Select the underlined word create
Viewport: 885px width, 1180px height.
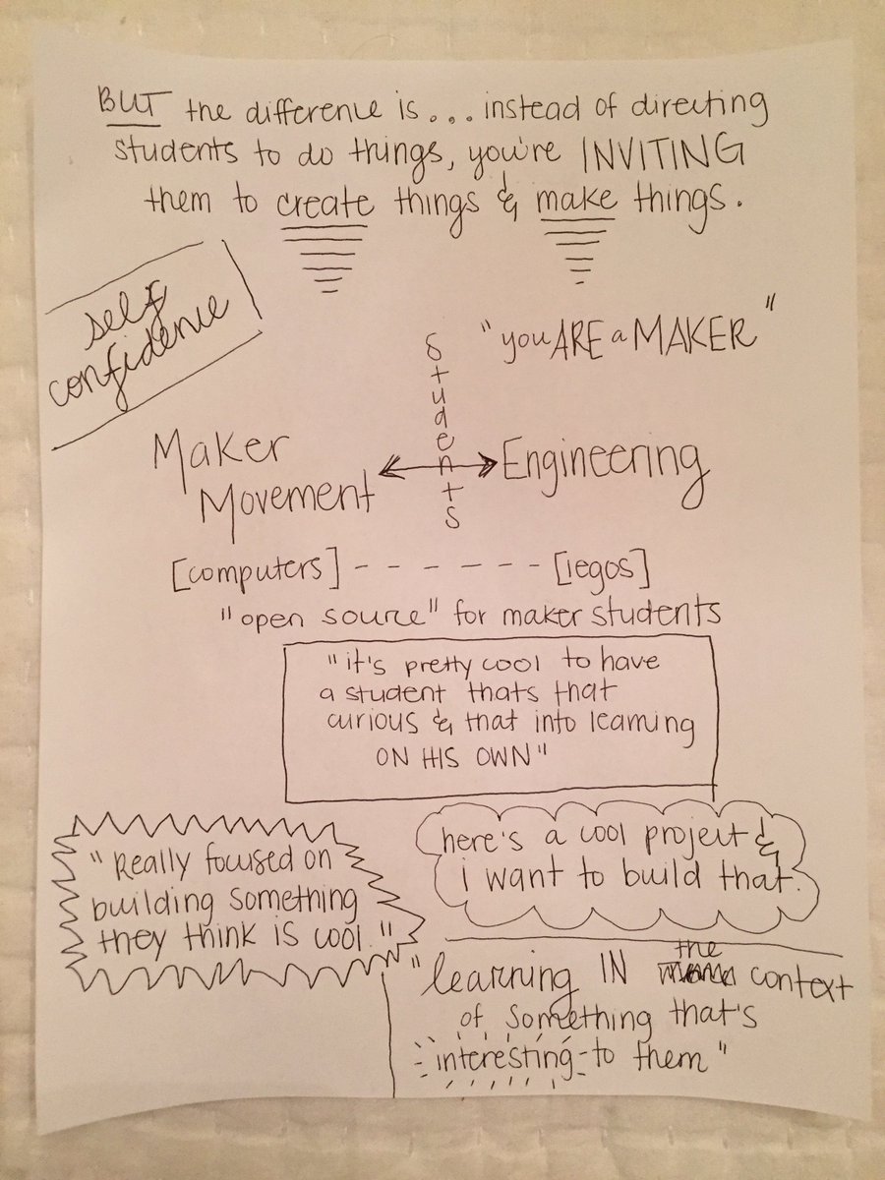click(x=324, y=204)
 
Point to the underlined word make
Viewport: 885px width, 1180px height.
click(x=576, y=202)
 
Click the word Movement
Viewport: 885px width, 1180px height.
click(x=286, y=503)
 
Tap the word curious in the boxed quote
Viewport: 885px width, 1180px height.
click(x=372, y=722)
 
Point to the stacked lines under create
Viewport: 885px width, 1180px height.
click(x=325, y=258)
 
